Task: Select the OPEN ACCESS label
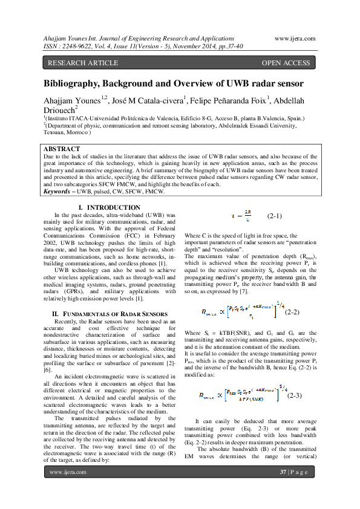tap(286, 63)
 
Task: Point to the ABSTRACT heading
tap(62, 149)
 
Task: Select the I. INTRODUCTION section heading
tap(106, 208)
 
